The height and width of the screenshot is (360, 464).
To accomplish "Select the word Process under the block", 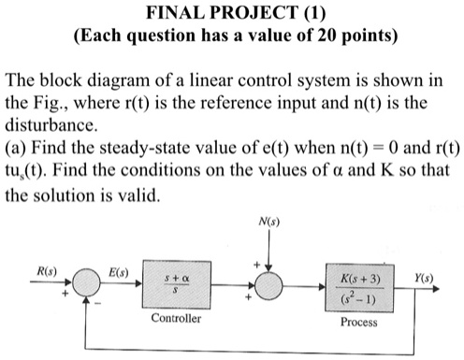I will tap(360, 321).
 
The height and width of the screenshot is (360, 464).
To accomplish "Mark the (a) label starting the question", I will tap(16, 148).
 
